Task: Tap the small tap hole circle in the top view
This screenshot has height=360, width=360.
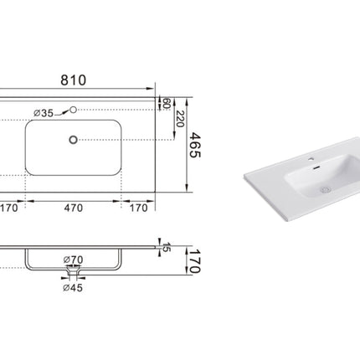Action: click(75, 109)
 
